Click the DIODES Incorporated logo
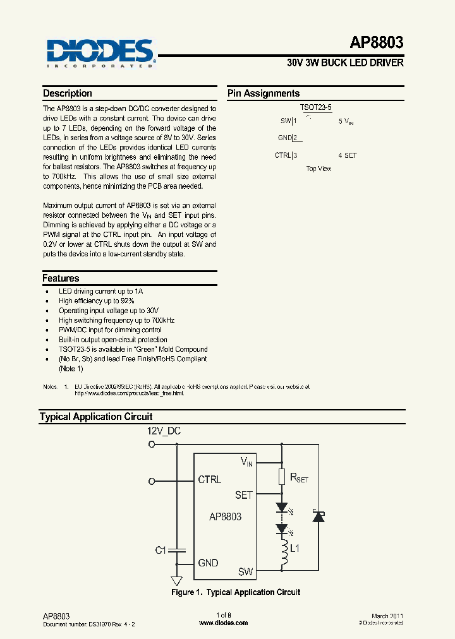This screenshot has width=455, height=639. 100,53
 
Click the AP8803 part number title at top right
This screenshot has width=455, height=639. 376,43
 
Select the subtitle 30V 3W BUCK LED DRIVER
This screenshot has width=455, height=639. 345,63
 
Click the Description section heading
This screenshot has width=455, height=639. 68,93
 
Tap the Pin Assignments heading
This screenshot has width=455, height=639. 264,93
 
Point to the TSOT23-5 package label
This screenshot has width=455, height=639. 316,109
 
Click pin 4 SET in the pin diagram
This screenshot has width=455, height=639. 348,155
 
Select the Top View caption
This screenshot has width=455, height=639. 318,169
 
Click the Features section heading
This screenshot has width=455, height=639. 61,278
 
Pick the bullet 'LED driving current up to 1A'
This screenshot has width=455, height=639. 100,291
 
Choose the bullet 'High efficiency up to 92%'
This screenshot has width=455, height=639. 96,301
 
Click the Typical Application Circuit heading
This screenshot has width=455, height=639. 96,417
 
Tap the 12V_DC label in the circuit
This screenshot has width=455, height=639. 164,431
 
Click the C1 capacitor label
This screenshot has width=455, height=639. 161,551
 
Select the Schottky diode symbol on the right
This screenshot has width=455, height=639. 318,517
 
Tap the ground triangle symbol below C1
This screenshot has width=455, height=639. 177,580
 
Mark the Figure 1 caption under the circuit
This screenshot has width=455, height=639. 236,592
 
